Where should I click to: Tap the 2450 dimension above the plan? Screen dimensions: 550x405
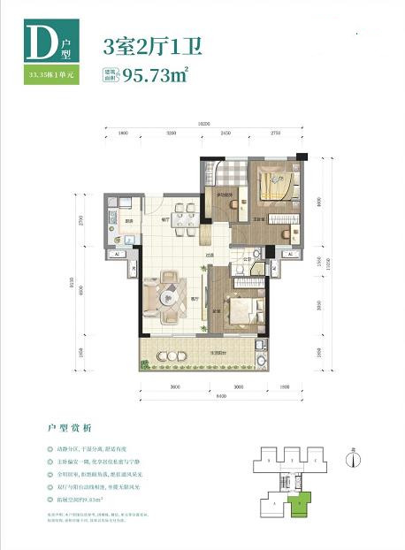click(x=225, y=133)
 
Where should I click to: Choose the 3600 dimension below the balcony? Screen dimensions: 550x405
click(x=175, y=386)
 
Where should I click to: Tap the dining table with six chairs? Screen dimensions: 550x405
click(x=184, y=214)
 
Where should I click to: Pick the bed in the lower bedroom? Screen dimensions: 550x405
click(x=241, y=310)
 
